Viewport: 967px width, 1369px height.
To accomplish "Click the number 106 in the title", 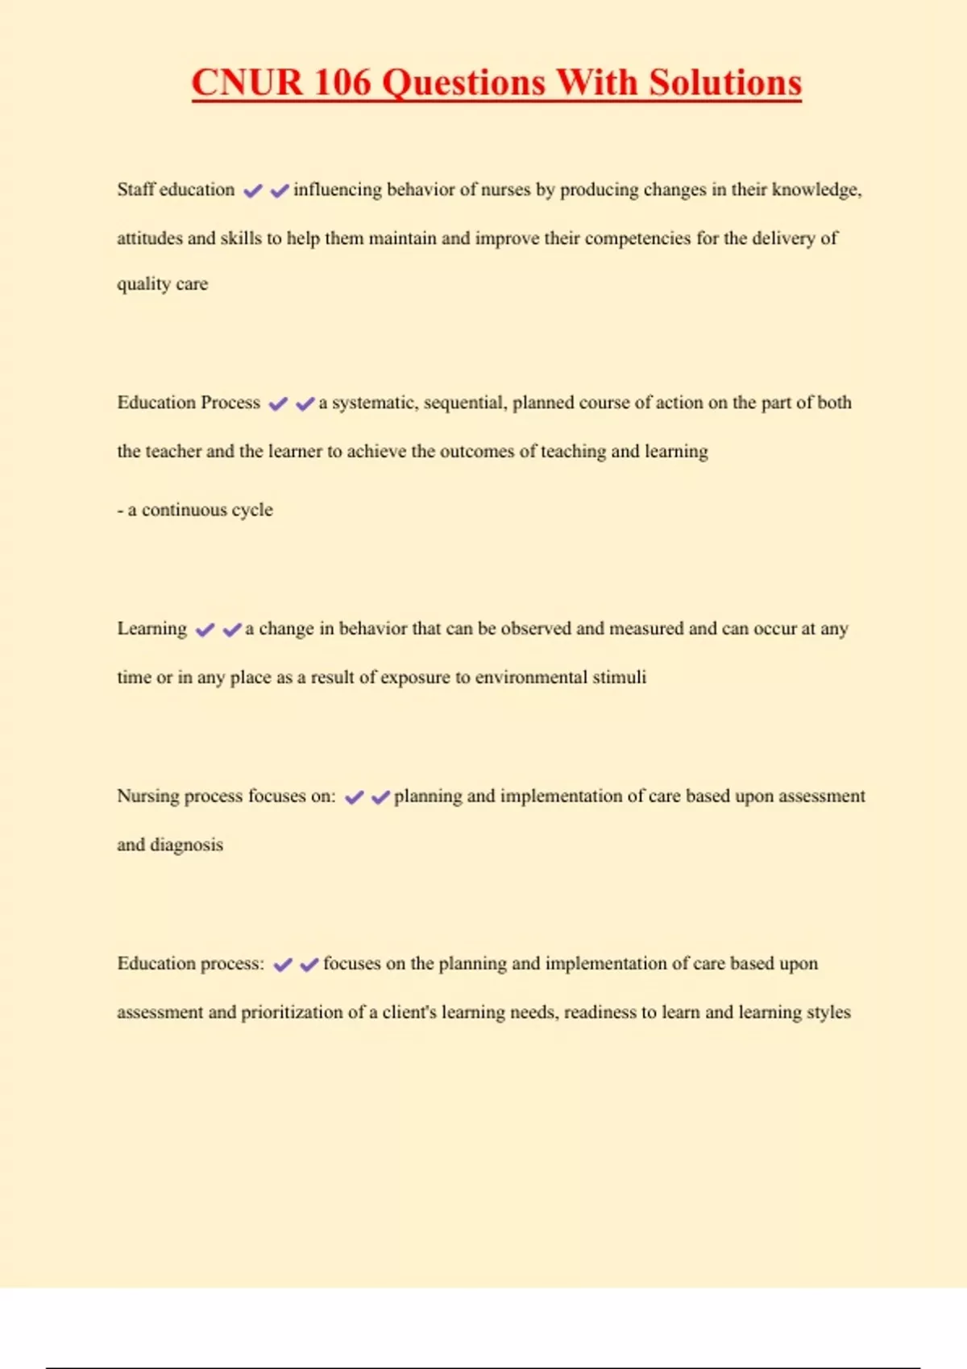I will tap(342, 83).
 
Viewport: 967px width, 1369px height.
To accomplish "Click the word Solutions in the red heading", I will tap(725, 83).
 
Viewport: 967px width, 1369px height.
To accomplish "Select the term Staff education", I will tap(176, 190).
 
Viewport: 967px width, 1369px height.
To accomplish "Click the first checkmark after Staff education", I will tap(253, 191).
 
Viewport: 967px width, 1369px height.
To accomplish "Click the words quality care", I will tap(162, 284).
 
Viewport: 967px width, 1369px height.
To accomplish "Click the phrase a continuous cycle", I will tap(195, 510).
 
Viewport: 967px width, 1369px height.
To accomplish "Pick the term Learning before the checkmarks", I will tap(151, 629).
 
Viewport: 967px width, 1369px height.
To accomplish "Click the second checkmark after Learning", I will tap(232, 630).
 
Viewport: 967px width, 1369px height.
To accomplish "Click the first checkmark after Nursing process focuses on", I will tap(354, 797).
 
